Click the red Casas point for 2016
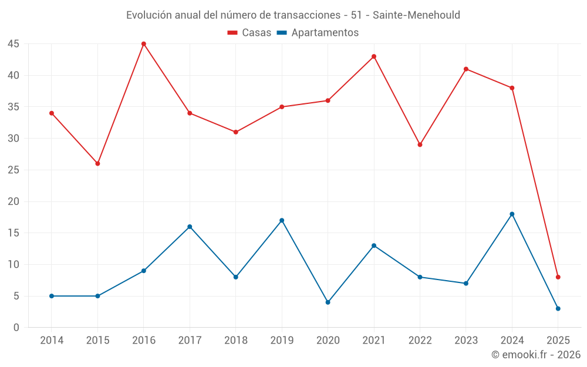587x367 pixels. (144, 44)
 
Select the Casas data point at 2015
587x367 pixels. (97, 163)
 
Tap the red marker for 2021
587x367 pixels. (374, 56)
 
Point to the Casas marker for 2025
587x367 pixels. (558, 277)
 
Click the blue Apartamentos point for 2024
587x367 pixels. (512, 214)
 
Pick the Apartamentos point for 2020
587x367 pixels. (328, 302)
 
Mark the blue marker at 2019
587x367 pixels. (282, 220)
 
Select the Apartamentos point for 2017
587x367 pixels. (190, 227)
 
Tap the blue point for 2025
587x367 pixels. (558, 309)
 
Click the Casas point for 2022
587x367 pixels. (420, 144)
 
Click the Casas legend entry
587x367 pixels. (249, 33)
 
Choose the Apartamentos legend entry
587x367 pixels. (318, 33)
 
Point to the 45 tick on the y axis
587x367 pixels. (14, 44)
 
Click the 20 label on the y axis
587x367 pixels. (14, 201)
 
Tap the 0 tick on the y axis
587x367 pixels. (16, 328)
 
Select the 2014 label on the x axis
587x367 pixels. (52, 340)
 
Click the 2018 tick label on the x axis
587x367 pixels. (235, 340)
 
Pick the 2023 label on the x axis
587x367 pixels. (465, 340)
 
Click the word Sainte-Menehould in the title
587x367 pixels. (417, 15)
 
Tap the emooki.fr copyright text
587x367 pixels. (536, 355)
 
